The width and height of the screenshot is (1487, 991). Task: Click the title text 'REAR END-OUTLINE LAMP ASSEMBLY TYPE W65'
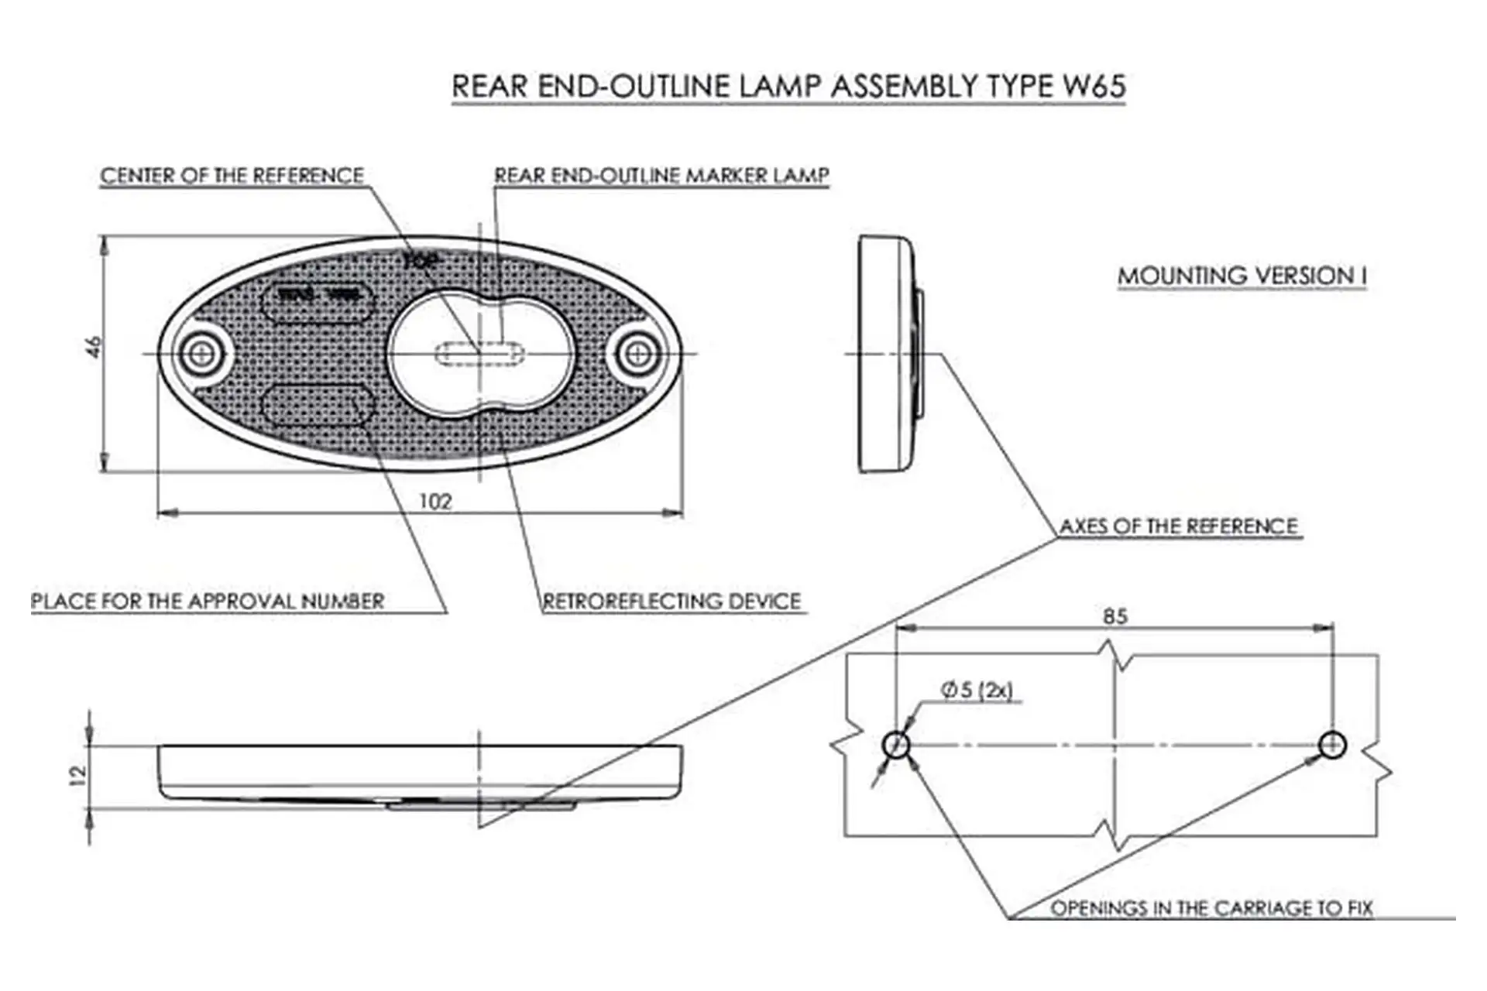click(788, 86)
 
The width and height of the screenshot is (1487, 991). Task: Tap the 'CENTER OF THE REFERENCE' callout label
click(232, 176)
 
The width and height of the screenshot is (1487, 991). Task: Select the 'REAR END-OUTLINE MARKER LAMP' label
click(661, 176)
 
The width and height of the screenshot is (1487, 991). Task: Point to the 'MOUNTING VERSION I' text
click(1242, 276)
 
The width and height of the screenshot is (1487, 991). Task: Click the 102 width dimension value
click(435, 502)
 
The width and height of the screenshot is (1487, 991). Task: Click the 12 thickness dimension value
click(77, 775)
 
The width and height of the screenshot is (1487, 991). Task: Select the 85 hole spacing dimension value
click(1114, 617)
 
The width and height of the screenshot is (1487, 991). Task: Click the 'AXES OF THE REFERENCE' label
click(1178, 526)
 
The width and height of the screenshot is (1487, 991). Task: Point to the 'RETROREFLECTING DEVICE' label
click(671, 602)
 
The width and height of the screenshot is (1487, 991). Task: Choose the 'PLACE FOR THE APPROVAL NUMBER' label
click(208, 602)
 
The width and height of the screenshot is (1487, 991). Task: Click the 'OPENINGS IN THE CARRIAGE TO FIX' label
click(1211, 907)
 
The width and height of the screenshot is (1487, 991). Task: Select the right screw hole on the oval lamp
click(637, 354)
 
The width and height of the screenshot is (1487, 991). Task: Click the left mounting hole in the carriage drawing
click(895, 746)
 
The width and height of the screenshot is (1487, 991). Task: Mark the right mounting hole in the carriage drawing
click(1332, 746)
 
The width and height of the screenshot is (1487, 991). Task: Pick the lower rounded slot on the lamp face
click(318, 405)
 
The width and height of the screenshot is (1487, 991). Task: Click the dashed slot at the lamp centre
click(480, 355)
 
